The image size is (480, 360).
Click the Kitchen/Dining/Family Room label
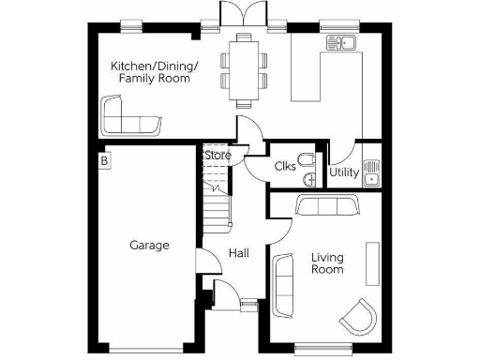[x=154, y=72]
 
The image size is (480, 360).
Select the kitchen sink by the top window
[x=338, y=42]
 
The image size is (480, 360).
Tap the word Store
[x=217, y=155]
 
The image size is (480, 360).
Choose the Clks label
[x=285, y=167]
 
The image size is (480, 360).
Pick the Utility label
[x=343, y=173]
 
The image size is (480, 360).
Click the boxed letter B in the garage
[x=105, y=162]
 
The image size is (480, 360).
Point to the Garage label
[x=149, y=246]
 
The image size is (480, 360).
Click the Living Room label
[x=327, y=262]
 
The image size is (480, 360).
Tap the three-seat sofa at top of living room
[x=325, y=206]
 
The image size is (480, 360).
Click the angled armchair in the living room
[x=358, y=316]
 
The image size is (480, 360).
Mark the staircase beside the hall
[x=217, y=197]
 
